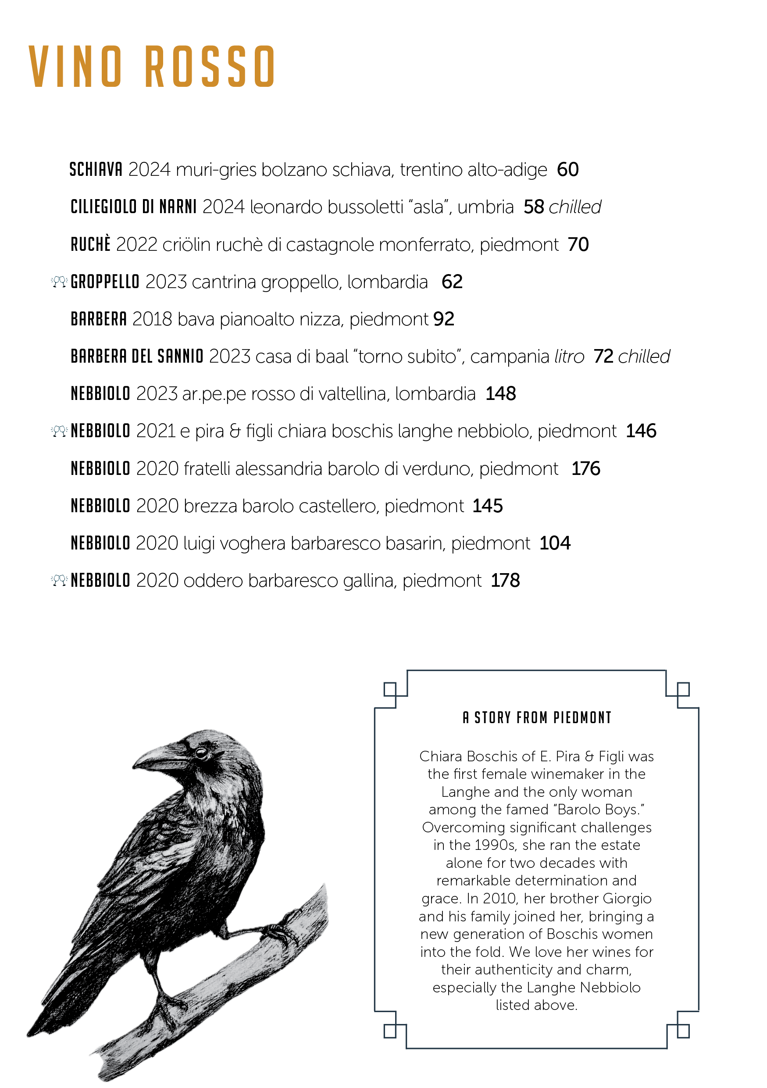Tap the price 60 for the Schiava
pos(567,170)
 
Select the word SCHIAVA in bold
pos(96,170)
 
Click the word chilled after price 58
pos(574,207)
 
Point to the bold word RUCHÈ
pos(90,245)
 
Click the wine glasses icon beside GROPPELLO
pos(59,282)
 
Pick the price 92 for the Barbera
pos(443,319)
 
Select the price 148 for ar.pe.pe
pos(500,394)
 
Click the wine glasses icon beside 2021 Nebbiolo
pos(59,431)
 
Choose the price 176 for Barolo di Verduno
pos(585,469)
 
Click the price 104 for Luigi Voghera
pos(555,543)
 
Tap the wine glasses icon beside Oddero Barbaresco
pos(59,581)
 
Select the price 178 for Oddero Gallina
pos(505,581)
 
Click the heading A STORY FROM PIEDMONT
pos(537,717)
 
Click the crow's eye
pos(201,753)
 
